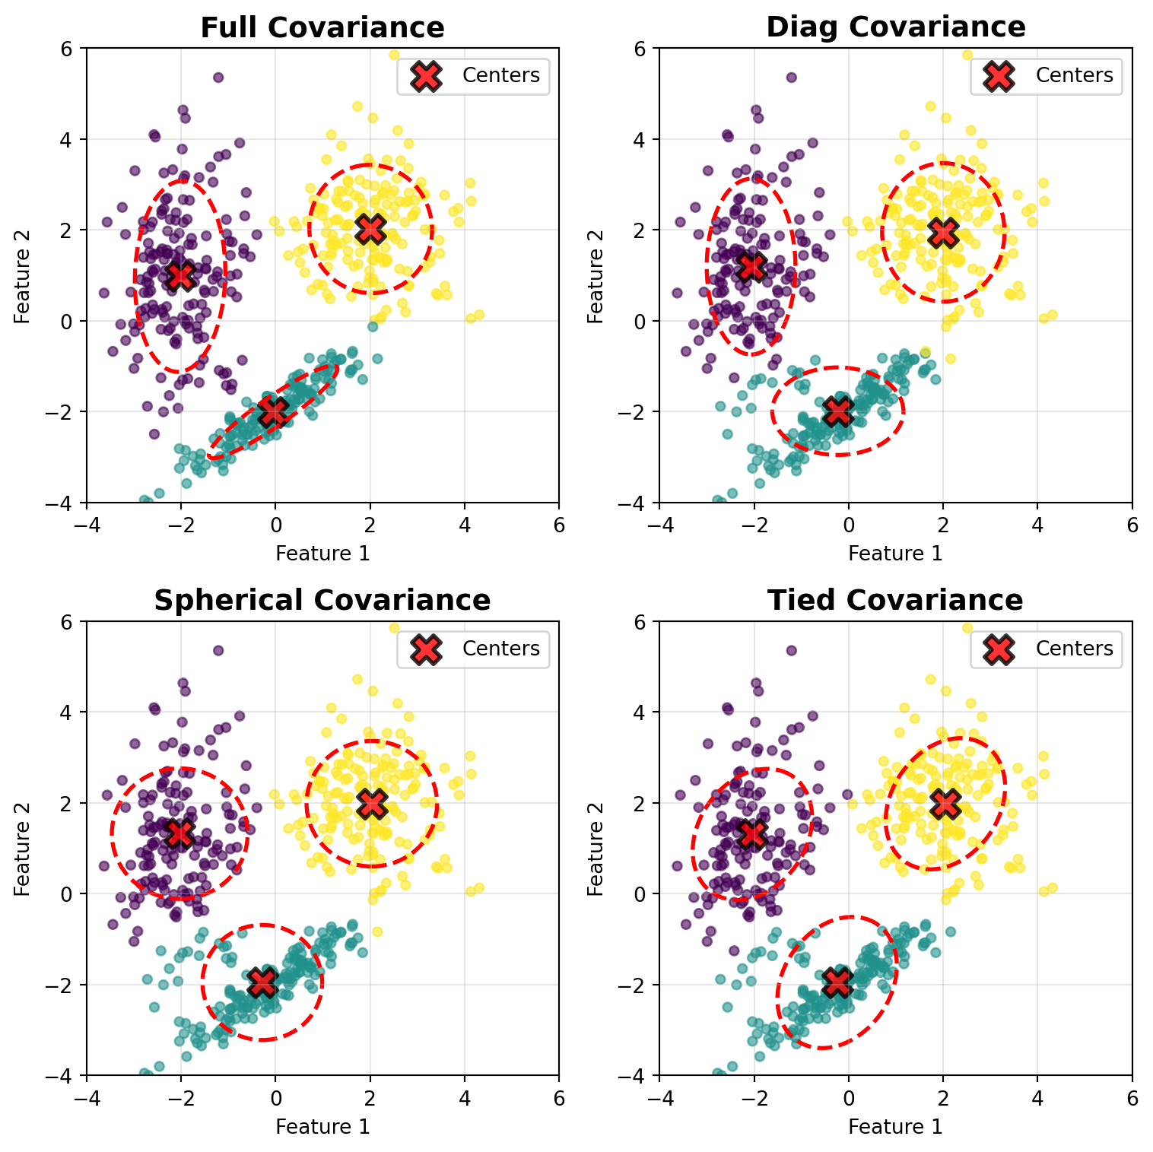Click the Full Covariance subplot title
322,27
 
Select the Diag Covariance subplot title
895,27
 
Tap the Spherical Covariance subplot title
322,601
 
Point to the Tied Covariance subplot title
895,601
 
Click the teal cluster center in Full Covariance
274,412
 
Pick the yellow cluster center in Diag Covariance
944,233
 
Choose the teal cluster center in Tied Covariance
837,982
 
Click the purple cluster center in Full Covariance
181,275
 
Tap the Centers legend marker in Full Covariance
426,75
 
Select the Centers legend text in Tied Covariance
1074,649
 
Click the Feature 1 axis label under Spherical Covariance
322,1126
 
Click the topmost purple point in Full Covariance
218,78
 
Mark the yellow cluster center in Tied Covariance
945,802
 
